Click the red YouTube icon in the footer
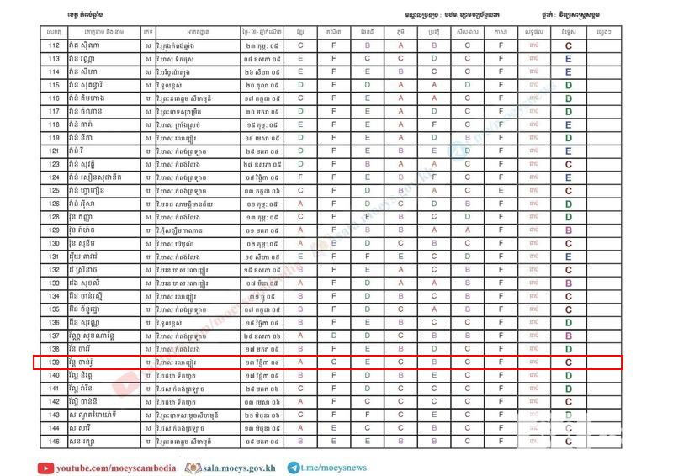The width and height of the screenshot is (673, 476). [45, 467]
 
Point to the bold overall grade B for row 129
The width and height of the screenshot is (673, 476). [570, 230]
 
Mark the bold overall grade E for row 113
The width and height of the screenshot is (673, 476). [570, 59]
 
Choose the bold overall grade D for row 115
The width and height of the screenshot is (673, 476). [570, 85]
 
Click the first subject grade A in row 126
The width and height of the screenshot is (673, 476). [300, 204]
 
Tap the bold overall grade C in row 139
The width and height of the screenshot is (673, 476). [570, 362]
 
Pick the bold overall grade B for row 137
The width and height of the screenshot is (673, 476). [570, 336]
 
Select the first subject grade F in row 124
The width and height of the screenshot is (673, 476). [300, 177]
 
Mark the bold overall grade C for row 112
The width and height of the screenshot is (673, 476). [570, 45]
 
